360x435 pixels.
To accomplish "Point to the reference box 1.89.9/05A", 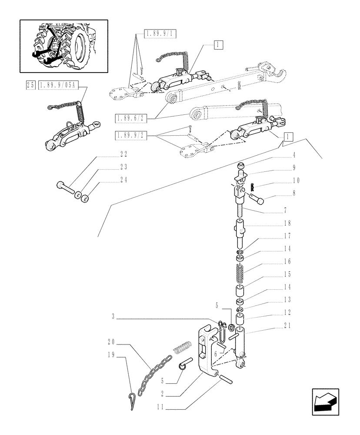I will (x=57, y=86).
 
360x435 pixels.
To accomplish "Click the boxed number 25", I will (x=30, y=86).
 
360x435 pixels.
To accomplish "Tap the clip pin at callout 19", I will (x=132, y=401).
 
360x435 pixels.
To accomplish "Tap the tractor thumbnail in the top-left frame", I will (x=63, y=46).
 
